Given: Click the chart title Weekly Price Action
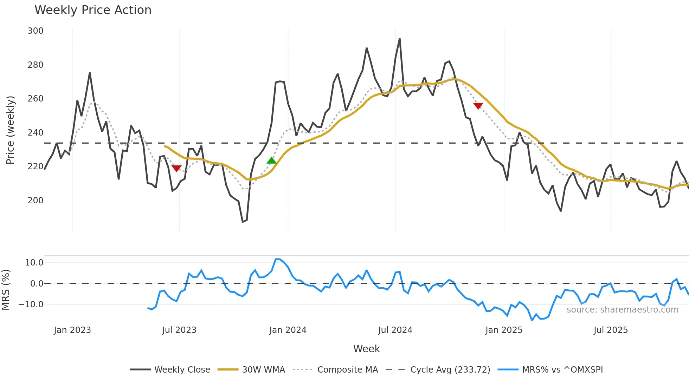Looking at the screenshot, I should coord(93,10).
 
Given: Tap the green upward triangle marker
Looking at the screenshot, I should coord(272,161).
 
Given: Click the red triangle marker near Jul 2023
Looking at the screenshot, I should coord(176,168).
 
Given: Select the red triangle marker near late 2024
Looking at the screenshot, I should coord(478,106).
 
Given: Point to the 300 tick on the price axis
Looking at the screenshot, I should coord(36,31).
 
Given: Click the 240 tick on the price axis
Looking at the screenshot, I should coord(36,133).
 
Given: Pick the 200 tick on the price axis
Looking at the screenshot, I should coord(36,201).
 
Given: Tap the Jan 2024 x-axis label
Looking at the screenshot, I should coord(288,330).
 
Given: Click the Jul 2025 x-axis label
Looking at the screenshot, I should coord(611,330).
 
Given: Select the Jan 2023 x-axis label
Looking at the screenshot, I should coord(72,330).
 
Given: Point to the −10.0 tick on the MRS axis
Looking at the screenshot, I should coord(31,304).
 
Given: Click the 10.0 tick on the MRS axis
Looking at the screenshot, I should coord(34,263).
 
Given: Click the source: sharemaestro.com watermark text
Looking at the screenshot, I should coord(622,310).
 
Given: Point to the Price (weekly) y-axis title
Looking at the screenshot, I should coord(11,130).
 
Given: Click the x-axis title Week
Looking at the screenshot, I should coord(366,349).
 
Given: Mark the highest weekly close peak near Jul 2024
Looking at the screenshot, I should coord(400,39).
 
